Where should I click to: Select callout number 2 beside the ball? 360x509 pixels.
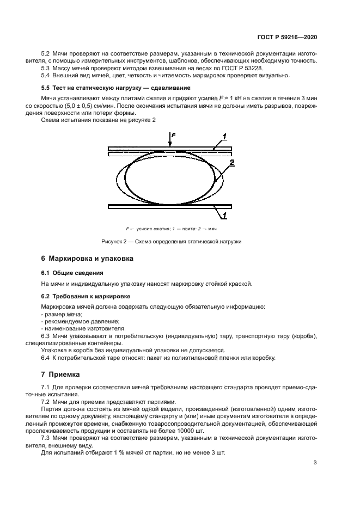click(231, 163)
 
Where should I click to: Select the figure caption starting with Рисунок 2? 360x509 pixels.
click(171, 241)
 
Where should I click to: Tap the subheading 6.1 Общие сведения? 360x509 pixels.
click(72, 272)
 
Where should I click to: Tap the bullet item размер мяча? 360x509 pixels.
click(60, 315)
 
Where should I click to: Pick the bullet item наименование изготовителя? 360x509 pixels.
click(76, 329)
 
